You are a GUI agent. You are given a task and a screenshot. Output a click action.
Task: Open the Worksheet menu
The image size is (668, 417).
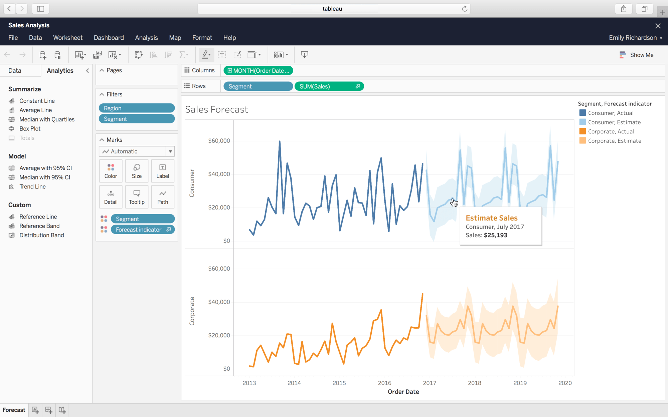pos(67,38)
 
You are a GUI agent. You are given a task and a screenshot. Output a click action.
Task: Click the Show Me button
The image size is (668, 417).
pos(636,55)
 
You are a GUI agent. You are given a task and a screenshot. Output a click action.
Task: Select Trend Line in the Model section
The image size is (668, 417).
pos(32,186)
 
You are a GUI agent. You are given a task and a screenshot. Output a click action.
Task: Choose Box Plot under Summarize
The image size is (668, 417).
pos(30,129)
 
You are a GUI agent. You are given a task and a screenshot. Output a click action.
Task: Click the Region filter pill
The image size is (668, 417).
pos(137,108)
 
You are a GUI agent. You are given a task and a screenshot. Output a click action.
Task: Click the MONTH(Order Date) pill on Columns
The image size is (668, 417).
pos(258,71)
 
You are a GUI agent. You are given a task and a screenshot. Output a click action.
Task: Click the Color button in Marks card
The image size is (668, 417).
pos(111,171)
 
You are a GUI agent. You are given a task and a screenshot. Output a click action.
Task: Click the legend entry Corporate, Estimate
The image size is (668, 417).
pos(614,141)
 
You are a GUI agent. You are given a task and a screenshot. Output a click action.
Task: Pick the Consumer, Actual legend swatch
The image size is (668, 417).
pos(582,113)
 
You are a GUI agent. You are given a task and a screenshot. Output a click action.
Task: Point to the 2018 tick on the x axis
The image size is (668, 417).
pos(474,383)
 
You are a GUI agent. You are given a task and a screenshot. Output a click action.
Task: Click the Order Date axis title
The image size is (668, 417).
pos(403,392)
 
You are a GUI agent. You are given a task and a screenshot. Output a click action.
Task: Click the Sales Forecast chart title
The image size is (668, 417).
pos(216,109)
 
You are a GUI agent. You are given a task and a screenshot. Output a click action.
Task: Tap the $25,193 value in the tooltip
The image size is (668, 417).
pos(495,235)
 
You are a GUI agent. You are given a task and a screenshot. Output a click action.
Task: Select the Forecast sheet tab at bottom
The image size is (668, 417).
pos(14,410)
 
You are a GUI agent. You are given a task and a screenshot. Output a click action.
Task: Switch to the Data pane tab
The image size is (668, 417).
pos(15,71)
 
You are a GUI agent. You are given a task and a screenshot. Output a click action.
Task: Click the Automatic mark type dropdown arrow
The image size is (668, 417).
pos(170,151)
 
